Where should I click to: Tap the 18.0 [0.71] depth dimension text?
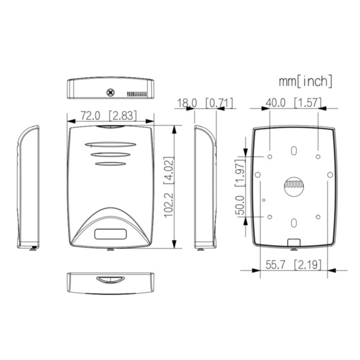[205, 103]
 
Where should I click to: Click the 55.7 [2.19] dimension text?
[293, 264]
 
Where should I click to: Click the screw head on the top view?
[110, 92]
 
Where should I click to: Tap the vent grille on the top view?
[139, 95]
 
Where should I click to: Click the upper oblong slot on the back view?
[293, 149]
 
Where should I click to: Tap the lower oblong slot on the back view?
[293, 223]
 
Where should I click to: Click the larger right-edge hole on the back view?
[329, 175]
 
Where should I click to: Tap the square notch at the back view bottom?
[293, 242]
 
